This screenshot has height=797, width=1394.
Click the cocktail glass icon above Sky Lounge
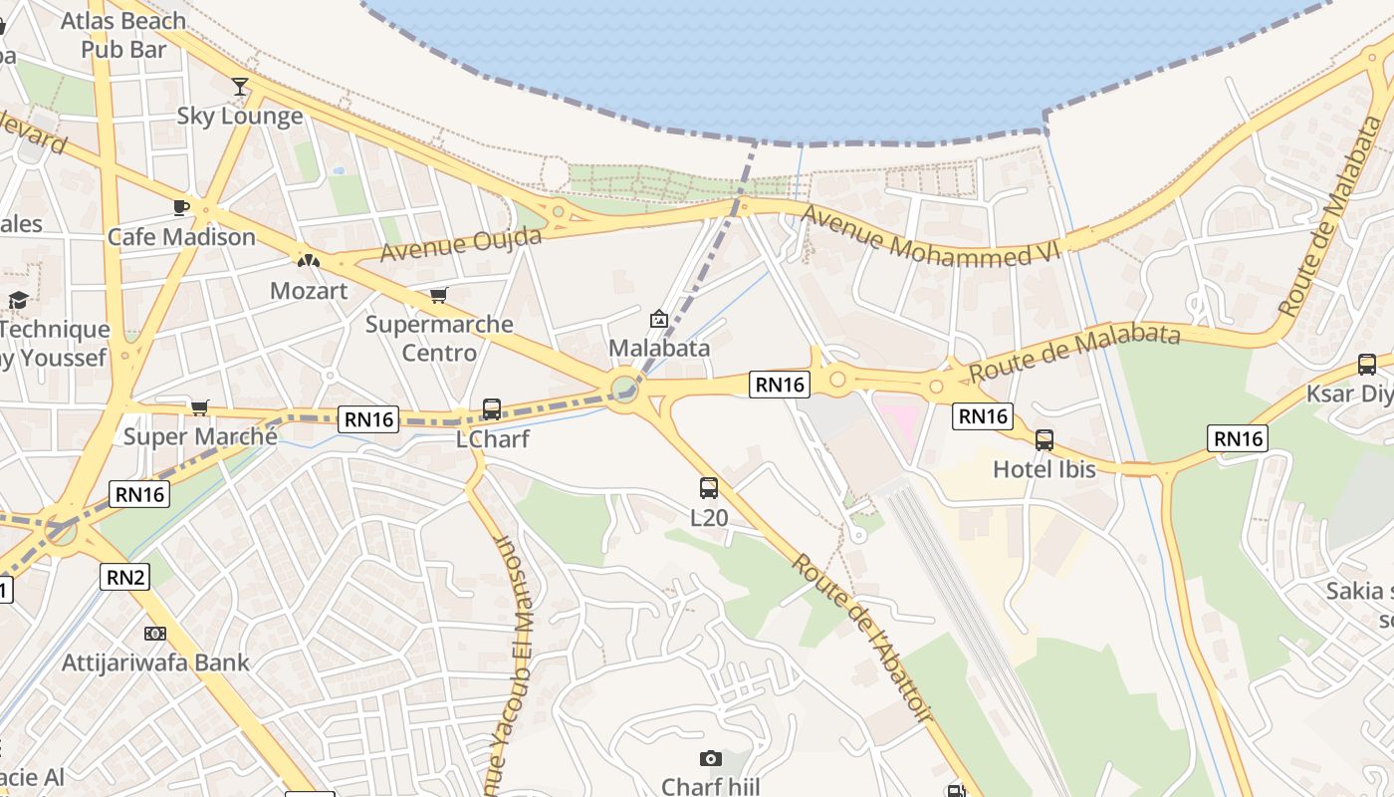click(240, 86)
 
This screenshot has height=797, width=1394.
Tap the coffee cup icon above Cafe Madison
click(180, 207)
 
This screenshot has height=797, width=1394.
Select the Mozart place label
click(309, 291)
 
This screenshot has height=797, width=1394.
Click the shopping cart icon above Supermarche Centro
click(438, 295)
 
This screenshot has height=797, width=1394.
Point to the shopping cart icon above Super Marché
click(200, 407)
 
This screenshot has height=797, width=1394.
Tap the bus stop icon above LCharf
click(492, 409)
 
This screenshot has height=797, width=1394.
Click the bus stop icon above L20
click(709, 488)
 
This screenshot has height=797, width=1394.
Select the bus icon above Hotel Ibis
click(1045, 439)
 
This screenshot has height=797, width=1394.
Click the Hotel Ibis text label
click(1044, 468)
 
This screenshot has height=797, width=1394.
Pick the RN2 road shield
click(124, 576)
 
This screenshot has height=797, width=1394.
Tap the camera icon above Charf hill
click(710, 758)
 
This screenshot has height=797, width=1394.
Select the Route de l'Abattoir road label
click(862, 637)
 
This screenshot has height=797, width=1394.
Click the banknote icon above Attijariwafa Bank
click(154, 634)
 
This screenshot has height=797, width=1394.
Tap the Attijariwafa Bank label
click(155, 663)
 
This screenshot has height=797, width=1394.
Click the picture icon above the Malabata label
click(658, 319)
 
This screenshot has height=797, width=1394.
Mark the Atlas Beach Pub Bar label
click(123, 34)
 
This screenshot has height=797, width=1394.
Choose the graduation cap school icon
click(18, 300)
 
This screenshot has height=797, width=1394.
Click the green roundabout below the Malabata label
click(624, 386)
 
